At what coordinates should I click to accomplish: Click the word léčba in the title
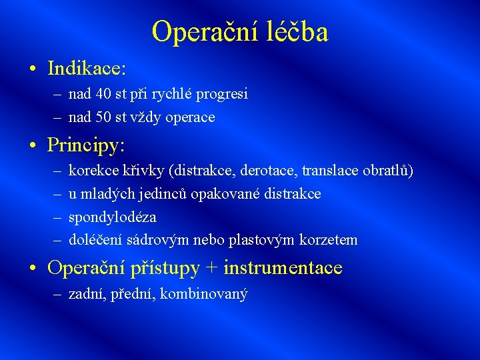click(x=297, y=32)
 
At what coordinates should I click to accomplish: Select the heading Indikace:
click(x=87, y=68)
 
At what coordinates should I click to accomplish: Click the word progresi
click(x=223, y=95)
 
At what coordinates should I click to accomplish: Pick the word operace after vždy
click(x=190, y=117)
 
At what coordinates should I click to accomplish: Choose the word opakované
click(x=228, y=194)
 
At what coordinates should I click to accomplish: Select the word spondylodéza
click(x=112, y=217)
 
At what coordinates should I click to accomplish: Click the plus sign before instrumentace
click(x=211, y=269)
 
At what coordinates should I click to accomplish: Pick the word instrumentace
click(x=283, y=268)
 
